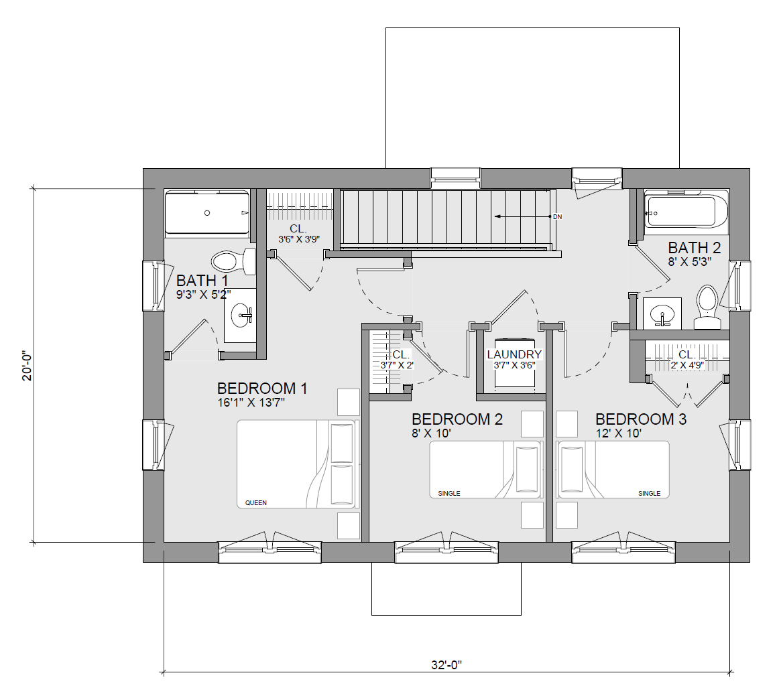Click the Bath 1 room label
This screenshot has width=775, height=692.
tap(202, 281)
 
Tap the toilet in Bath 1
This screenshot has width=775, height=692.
tap(233, 261)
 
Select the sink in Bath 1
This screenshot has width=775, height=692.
tap(241, 315)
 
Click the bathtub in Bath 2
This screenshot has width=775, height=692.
tap(686, 212)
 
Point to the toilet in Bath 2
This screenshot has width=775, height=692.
tap(707, 307)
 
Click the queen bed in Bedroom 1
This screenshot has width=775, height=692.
tap(296, 464)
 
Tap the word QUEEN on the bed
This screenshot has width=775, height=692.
tap(256, 503)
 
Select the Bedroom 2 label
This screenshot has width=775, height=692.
tap(457, 419)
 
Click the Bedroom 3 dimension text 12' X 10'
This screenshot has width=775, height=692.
tap(619, 433)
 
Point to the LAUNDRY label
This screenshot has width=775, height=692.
tap(514, 354)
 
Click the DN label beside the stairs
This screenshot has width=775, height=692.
tap(558, 217)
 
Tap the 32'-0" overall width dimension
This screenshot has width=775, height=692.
tap(446, 665)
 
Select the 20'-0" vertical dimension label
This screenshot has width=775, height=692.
tap(27, 366)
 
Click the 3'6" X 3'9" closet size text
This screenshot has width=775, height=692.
tap(299, 240)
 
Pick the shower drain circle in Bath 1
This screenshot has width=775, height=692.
tap(207, 213)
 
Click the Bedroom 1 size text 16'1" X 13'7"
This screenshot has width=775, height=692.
tap(251, 403)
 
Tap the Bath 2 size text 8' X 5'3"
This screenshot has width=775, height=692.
tap(690, 262)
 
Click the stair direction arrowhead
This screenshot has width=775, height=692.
tap(497, 216)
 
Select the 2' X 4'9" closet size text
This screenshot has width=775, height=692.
tap(687, 366)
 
